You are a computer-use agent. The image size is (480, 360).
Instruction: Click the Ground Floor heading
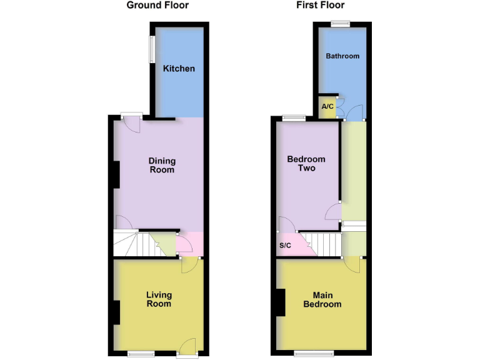(157, 6)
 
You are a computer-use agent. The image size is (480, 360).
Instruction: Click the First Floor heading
(320, 6)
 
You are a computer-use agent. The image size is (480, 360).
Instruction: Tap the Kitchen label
(179, 69)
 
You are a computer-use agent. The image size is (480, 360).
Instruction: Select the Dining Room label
(161, 165)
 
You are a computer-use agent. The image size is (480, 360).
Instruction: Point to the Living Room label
(159, 299)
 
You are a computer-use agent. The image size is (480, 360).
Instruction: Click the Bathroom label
(342, 56)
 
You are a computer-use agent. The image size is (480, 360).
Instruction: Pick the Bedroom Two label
(306, 164)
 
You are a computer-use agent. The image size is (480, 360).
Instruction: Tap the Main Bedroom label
(322, 299)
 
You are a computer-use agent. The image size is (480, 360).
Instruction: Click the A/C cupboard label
(327, 107)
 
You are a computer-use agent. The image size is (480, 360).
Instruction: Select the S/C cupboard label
(285, 246)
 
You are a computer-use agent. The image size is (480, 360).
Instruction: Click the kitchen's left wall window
(151, 49)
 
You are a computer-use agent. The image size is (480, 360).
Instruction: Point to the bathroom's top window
(340, 24)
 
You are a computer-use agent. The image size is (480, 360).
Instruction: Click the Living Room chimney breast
(116, 312)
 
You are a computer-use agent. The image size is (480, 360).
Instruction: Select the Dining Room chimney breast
(116, 175)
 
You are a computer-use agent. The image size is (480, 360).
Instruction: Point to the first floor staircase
(327, 244)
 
